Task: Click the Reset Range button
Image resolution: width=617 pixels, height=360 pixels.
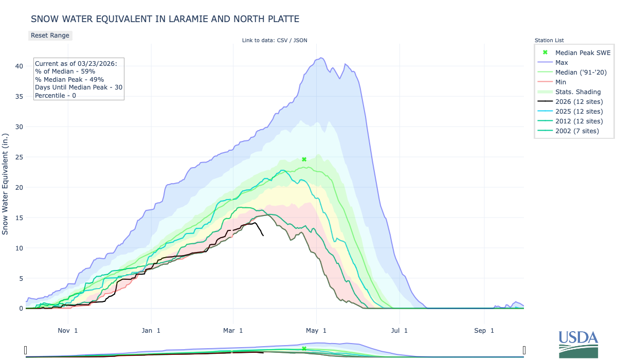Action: coord(50,35)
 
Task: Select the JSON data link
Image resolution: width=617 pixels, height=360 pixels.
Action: coord(300,40)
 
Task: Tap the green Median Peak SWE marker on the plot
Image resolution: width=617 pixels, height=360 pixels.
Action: coord(304,159)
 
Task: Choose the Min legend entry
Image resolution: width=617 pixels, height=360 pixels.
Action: coord(561,82)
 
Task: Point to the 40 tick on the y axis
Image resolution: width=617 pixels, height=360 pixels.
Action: coord(19,66)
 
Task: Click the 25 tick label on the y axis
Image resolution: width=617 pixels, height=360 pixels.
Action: coord(19,157)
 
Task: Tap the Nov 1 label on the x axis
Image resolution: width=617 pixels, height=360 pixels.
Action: coord(68,330)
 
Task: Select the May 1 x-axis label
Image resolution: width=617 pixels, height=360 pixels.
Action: coord(317,330)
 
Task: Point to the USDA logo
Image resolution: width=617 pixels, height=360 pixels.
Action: coord(578,343)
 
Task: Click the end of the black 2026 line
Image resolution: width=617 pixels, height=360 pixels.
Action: coord(263,236)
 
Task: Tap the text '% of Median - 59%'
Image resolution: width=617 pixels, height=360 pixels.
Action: coord(65,71)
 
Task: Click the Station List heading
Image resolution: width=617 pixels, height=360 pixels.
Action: coord(549,40)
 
